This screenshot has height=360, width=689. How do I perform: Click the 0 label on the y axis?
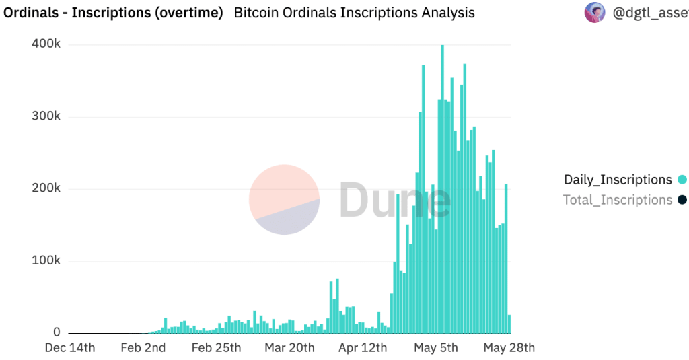57,333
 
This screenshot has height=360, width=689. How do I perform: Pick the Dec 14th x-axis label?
70,348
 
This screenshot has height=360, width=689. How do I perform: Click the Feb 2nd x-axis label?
143,348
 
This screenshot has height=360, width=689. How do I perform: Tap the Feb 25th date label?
216,348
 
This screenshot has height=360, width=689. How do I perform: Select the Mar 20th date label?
289,348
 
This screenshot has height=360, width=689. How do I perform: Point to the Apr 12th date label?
363,348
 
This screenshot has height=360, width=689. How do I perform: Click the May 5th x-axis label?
435,348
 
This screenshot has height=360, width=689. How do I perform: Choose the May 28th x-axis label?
509,348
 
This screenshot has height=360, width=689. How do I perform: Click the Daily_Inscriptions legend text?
618,180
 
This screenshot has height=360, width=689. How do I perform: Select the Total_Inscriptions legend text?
618,200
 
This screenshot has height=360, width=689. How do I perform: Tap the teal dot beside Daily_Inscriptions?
682,180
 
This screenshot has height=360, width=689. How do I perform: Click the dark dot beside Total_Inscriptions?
682,200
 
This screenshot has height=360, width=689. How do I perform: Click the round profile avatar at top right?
594,13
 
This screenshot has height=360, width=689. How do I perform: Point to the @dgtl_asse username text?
650,13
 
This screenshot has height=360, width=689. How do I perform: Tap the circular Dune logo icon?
284,200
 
